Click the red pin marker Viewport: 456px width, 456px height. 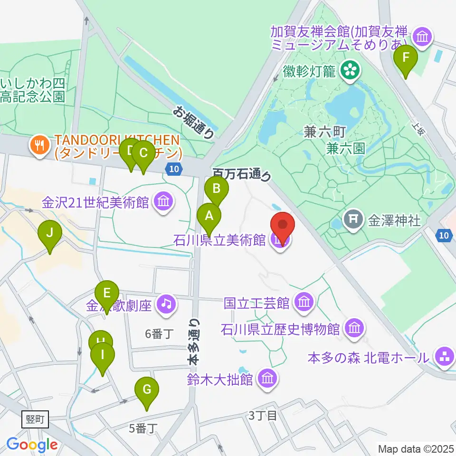283,226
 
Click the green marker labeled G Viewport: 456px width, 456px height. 147,391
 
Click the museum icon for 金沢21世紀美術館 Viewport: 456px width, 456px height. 163,203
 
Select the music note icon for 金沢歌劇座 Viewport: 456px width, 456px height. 166,303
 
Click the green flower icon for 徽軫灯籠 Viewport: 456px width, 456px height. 351,71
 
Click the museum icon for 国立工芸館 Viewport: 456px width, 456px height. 303,302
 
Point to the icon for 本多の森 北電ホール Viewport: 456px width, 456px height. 445,357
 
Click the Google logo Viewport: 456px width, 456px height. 32,445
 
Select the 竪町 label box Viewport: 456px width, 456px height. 36,419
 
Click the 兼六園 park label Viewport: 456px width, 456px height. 346,149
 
